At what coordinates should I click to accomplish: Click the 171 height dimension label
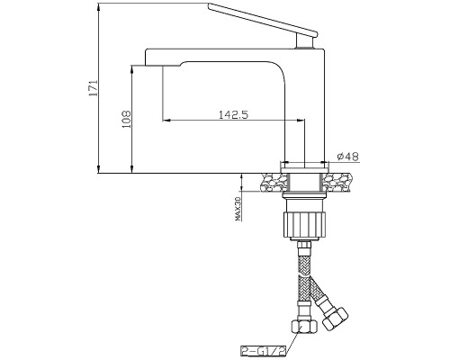pyautogui.click(x=94, y=88)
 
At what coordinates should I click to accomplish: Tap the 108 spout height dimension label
pyautogui.click(x=127, y=119)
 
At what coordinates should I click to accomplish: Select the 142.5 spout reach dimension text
pyautogui.click(x=233, y=114)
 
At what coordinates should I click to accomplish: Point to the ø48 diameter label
pyautogui.click(x=347, y=157)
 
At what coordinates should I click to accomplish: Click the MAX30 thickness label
pyautogui.click(x=238, y=209)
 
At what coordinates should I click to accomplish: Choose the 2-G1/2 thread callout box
pyautogui.click(x=262, y=350)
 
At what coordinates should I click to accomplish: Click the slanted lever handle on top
pyautogui.click(x=263, y=18)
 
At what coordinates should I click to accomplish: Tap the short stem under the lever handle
pyautogui.click(x=305, y=40)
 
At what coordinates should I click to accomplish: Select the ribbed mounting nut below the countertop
pyautogui.click(x=304, y=224)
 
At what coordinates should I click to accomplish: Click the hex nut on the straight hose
pyautogui.click(x=303, y=326)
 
